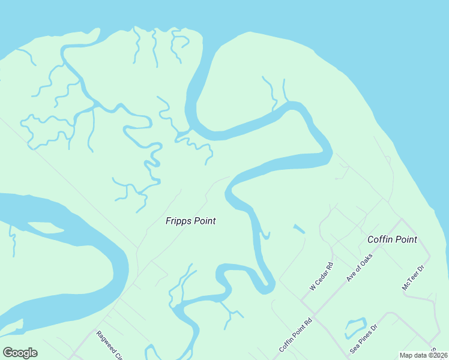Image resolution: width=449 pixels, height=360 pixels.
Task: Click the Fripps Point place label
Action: (190, 221)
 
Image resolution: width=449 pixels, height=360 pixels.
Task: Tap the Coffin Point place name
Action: (392, 239)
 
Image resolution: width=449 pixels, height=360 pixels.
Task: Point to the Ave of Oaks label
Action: (360, 268)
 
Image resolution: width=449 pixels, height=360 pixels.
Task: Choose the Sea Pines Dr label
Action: (364, 339)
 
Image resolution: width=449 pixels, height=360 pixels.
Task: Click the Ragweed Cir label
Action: (109, 345)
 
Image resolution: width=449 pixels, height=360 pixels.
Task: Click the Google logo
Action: (20, 353)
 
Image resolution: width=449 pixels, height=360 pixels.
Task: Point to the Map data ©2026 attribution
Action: (423, 355)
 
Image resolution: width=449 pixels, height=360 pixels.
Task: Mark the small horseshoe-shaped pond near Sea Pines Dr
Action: (355, 326)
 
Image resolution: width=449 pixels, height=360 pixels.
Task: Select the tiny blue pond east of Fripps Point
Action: (298, 229)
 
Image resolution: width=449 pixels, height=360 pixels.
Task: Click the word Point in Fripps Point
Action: (204, 221)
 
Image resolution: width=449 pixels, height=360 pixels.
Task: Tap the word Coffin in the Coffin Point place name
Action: (379, 239)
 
